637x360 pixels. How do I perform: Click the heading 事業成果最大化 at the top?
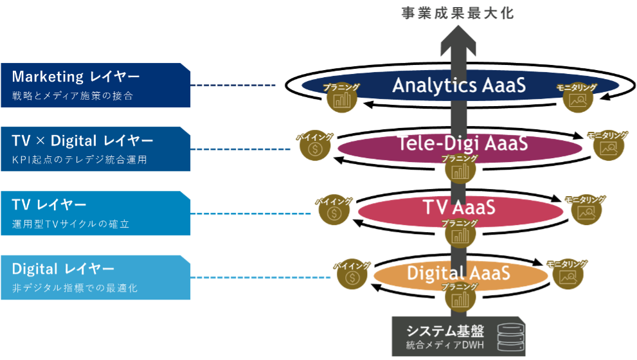(458, 14)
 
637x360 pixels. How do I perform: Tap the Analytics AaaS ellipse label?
(459, 85)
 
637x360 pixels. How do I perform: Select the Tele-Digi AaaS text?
(463, 143)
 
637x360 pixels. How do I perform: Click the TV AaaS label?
(459, 208)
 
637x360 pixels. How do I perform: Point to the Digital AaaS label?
(458, 273)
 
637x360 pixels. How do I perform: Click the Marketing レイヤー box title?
(76, 77)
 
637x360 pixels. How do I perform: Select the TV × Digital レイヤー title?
(82, 141)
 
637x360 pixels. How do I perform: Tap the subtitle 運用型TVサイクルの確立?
(71, 224)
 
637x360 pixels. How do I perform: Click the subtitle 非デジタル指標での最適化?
(75, 288)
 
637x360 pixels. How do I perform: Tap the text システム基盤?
(444, 331)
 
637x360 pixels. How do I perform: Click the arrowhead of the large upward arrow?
(458, 42)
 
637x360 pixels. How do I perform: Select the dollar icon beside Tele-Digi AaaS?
(315, 149)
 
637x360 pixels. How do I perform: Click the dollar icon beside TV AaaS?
(333, 213)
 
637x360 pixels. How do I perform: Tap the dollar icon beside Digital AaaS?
(352, 277)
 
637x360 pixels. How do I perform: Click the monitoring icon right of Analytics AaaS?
(577, 100)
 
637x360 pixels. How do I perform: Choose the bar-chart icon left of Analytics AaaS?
(341, 99)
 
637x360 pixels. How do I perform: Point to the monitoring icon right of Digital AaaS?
(567, 276)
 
